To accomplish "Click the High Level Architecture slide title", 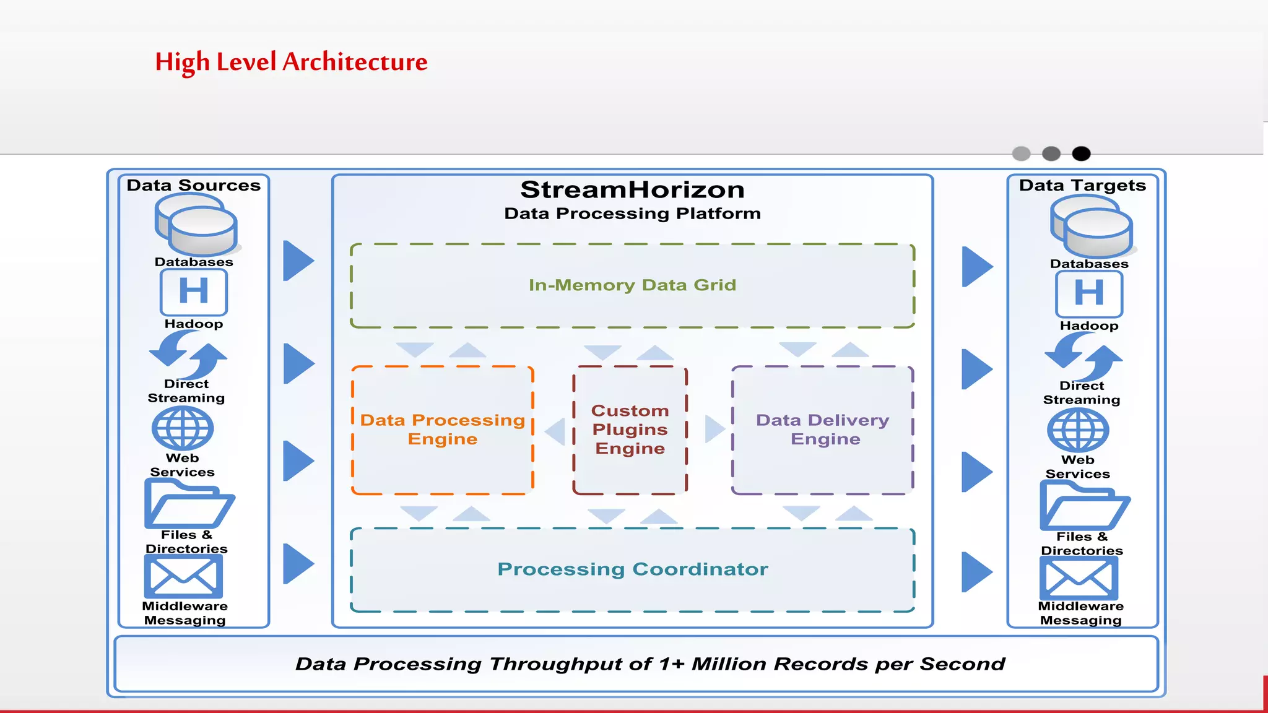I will (291, 62).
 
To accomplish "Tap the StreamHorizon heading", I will (632, 190).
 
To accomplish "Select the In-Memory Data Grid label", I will (632, 285).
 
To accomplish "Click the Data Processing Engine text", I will (443, 430).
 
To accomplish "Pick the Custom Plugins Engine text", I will (630, 430).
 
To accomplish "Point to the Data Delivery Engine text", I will (823, 430).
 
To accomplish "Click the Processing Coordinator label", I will (632, 569).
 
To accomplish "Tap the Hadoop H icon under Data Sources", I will (194, 292).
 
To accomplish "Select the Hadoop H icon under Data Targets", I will (1089, 293).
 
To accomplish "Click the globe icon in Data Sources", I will (183, 428).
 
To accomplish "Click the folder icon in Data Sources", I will (189, 504).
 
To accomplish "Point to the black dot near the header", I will (1081, 153).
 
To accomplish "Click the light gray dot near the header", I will (1021, 153).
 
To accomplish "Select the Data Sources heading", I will (193, 185).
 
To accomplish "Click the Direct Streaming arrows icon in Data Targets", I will (1083, 356).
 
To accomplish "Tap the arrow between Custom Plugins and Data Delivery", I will (714, 429).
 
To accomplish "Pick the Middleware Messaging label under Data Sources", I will (185, 613).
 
